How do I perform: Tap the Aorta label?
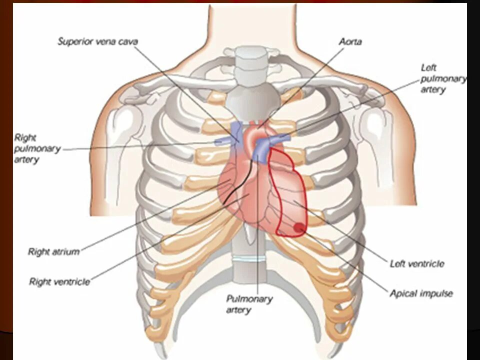[x=349, y=42]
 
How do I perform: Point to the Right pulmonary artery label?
[x=37, y=148]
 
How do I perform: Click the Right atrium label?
[x=53, y=251]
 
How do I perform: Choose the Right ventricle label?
[x=59, y=282]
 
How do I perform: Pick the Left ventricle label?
[x=416, y=263]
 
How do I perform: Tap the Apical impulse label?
[x=421, y=293]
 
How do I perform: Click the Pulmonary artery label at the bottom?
[x=249, y=304]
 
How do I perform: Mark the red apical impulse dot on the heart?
[x=298, y=228]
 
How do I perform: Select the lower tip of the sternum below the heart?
[x=248, y=270]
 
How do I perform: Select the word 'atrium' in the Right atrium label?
[x=66, y=251]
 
